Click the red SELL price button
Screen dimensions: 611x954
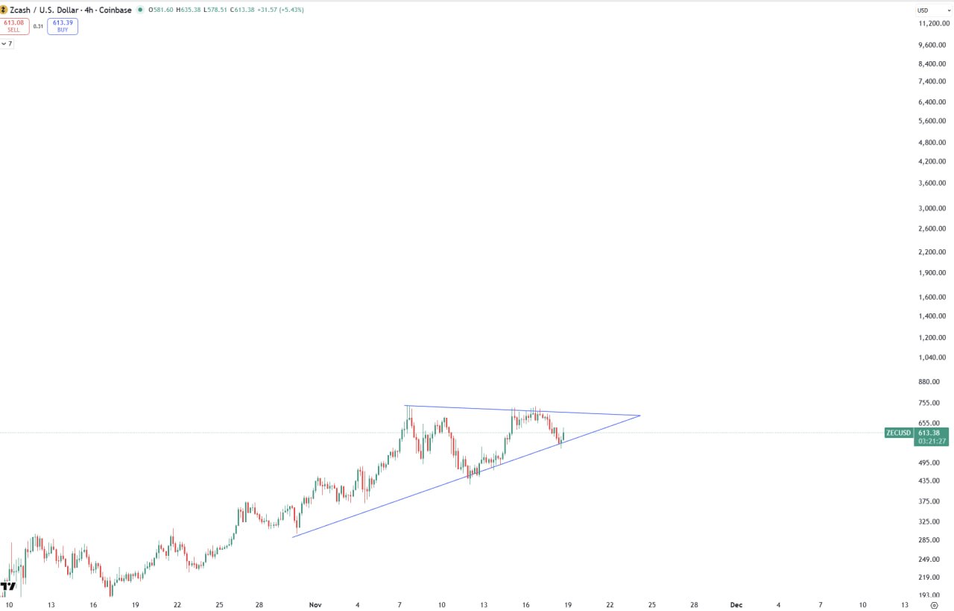[x=14, y=26]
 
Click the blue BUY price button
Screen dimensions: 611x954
[x=63, y=26]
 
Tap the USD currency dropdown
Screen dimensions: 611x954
[x=932, y=10]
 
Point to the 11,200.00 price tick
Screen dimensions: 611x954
[x=932, y=23]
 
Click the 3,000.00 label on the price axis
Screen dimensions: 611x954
[x=932, y=208]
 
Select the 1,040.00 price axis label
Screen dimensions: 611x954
[x=932, y=357]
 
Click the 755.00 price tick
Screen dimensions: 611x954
[x=929, y=403]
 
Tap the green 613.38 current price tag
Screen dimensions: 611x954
[x=932, y=433]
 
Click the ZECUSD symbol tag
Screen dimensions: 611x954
[x=899, y=433]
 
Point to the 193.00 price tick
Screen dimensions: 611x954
[x=929, y=595]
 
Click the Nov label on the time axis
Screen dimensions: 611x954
[x=315, y=605]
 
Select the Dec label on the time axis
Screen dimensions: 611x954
[x=736, y=605]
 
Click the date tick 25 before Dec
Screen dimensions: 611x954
[x=651, y=605]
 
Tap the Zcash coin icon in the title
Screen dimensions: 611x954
[x=4, y=10]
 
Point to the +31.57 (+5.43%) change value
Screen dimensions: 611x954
[x=280, y=10]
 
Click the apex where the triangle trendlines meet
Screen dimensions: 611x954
[x=640, y=416]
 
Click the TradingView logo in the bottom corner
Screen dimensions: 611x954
[x=7, y=586]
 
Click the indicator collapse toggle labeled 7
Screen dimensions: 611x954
[x=7, y=44]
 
